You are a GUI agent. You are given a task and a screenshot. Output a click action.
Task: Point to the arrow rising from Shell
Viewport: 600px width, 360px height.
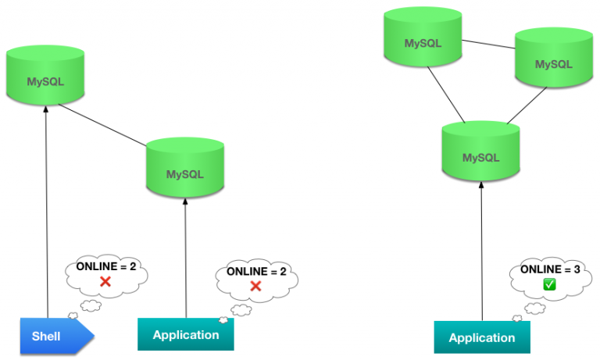click(x=48, y=219)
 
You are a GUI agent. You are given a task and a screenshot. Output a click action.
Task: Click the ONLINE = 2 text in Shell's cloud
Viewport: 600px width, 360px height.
click(x=106, y=267)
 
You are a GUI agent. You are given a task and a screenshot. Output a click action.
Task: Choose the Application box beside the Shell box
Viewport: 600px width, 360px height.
click(x=185, y=335)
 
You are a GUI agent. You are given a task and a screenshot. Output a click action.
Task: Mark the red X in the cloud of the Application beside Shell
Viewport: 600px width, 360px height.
click(x=255, y=286)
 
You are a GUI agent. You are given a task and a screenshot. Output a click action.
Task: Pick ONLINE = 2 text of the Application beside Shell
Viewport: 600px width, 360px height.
click(x=255, y=272)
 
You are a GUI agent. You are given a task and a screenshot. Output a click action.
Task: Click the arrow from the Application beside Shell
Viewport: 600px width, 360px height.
click(x=186, y=258)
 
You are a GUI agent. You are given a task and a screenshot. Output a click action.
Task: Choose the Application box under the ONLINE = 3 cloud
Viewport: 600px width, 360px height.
click(x=482, y=337)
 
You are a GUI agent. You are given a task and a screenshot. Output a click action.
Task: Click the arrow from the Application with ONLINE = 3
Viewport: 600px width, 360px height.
click(x=482, y=250)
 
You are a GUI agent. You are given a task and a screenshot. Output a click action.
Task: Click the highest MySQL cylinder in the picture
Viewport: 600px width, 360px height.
click(x=423, y=39)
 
